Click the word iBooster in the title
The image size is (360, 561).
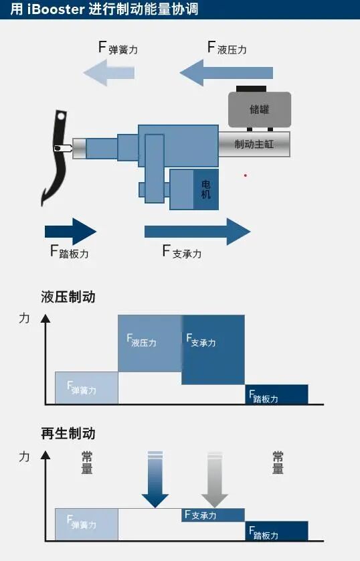(56, 10)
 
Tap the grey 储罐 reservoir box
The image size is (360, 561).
(260, 109)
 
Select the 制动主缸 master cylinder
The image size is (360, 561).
(254, 144)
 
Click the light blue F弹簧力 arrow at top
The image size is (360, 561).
(106, 72)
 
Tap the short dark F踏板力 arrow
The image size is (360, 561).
(70, 232)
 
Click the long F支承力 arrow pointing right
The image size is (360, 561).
(197, 232)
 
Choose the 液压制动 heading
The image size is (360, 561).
(68, 297)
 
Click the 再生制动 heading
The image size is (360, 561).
(68, 434)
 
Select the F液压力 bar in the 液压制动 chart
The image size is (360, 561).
(150, 342)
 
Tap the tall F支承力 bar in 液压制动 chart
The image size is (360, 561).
(213, 348)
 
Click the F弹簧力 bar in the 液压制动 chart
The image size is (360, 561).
(86, 388)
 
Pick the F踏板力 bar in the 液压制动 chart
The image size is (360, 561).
(276, 394)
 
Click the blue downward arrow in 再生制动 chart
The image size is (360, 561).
(155, 481)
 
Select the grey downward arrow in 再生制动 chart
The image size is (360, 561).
(214, 481)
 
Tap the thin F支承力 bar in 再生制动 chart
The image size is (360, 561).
(213, 515)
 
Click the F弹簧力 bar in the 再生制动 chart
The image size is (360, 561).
(86, 524)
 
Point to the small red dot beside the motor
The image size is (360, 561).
(246, 175)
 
